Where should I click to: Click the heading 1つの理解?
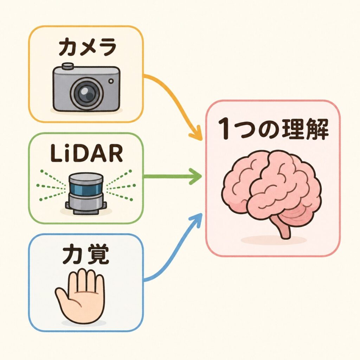coord(273,129)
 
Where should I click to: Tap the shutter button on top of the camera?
coord(67,66)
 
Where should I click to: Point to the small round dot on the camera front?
coord(111,81)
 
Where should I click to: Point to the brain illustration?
coord(272,193)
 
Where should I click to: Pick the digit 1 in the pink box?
coord(224,129)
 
